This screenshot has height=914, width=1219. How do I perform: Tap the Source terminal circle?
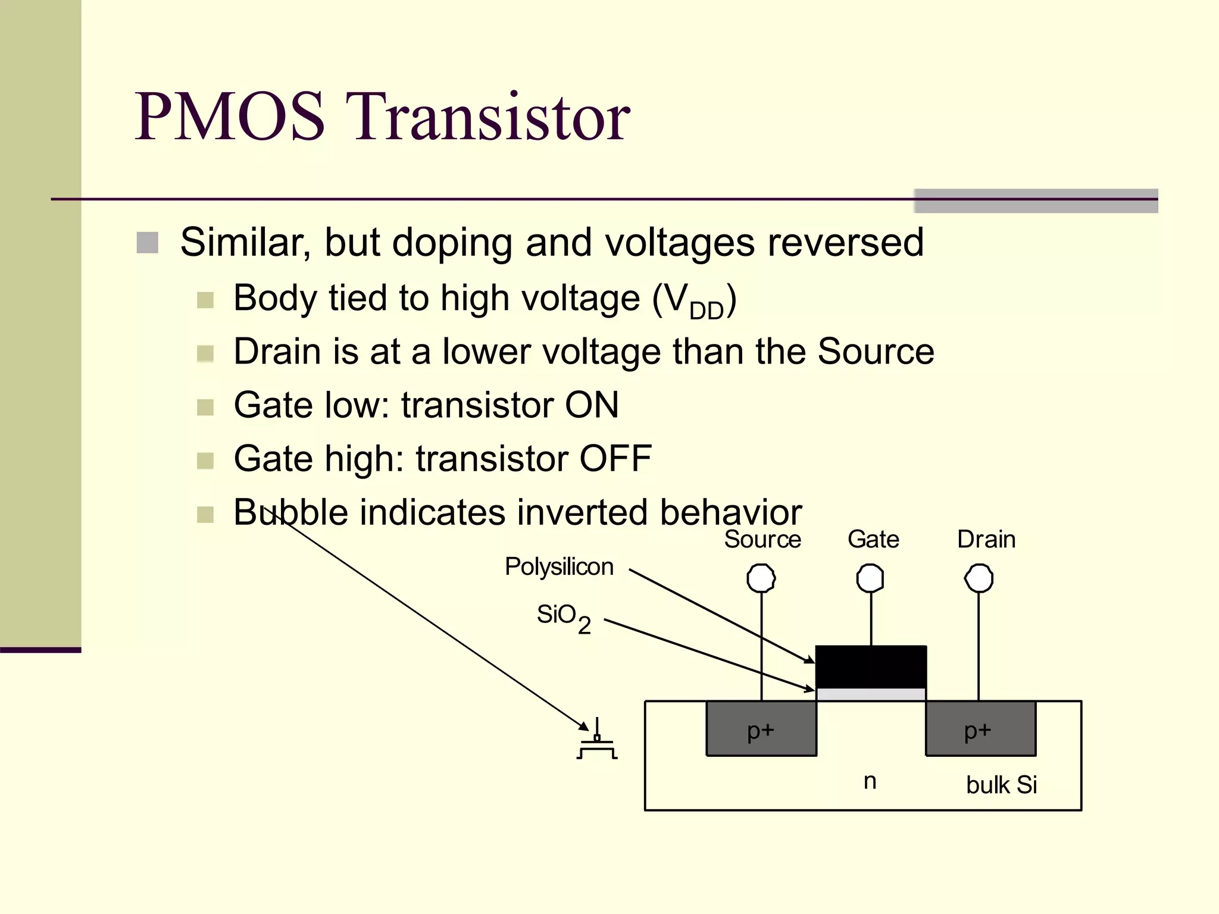761,578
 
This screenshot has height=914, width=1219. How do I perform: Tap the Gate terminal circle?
870,578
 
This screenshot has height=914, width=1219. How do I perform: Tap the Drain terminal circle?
979,578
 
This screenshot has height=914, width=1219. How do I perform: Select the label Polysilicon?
559,566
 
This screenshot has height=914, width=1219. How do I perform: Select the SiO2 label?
563,617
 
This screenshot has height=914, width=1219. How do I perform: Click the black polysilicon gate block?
871,666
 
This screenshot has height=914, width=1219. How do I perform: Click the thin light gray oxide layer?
871,694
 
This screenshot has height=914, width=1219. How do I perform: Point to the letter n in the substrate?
870,781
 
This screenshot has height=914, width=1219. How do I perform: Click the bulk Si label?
1001,785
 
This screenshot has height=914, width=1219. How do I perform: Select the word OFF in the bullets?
615,458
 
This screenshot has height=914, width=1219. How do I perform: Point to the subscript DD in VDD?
706,311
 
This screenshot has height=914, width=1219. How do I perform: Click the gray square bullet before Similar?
148,243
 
